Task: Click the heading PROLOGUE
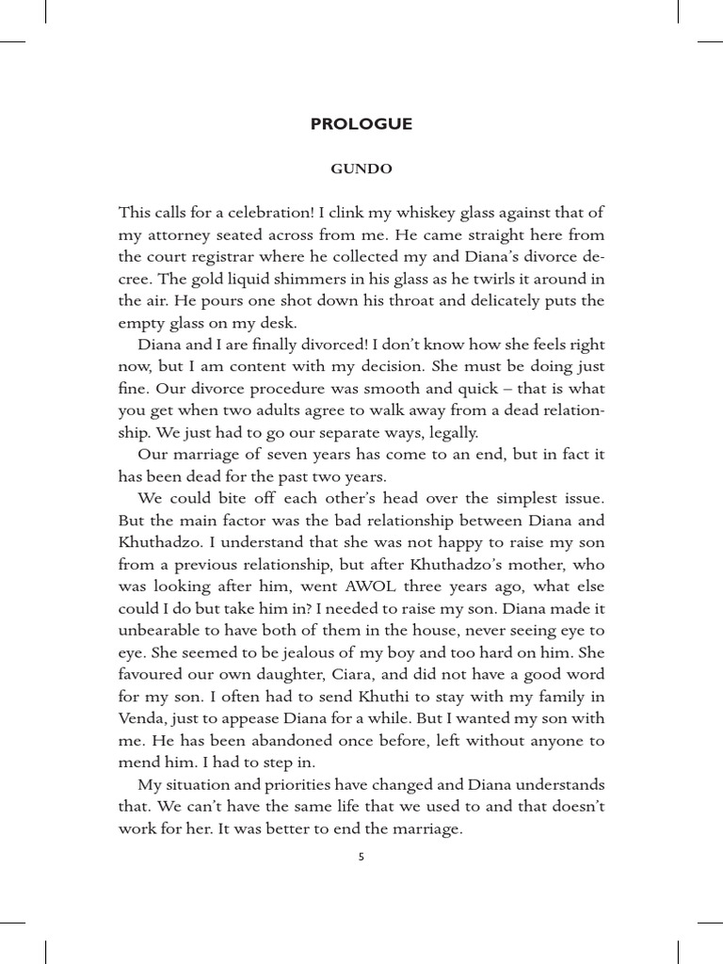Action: point(361,124)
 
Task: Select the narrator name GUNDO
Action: point(361,170)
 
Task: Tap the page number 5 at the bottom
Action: point(361,858)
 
